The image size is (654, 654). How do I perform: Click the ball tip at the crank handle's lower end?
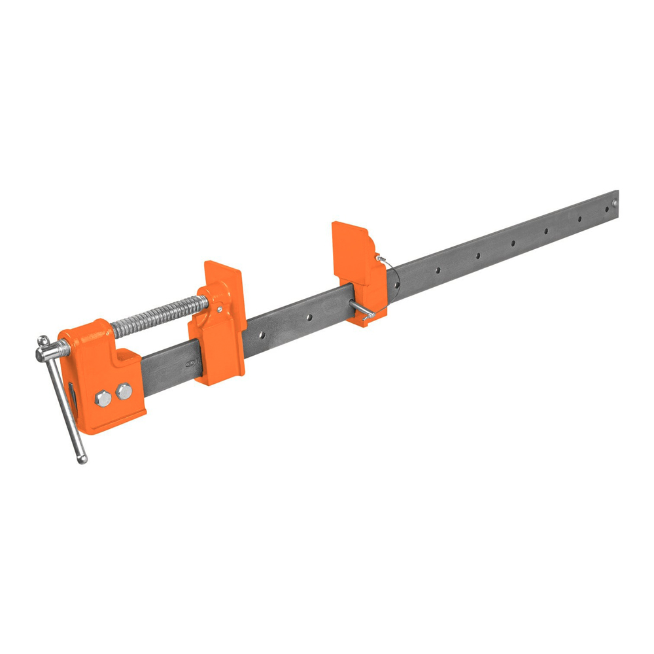82,460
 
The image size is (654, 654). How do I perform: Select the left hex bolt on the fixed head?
103,398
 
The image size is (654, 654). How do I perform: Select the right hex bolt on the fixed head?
123,392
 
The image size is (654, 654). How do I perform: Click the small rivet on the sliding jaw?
219,309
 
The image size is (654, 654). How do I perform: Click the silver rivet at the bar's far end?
614,203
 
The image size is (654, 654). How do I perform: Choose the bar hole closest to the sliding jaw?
261,336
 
